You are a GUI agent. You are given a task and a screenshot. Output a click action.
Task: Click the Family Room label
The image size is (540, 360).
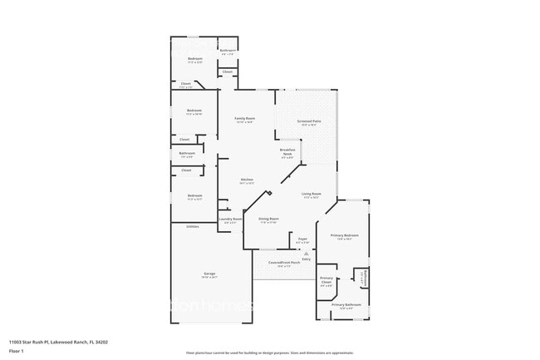click(244, 119)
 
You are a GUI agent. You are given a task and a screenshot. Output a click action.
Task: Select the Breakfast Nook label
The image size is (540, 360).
click(287, 152)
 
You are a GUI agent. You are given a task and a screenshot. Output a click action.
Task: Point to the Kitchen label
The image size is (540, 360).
click(247, 180)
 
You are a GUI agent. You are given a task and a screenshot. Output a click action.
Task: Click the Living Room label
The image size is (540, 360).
click(312, 193)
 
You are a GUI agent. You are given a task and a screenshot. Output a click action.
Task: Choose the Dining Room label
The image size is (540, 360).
click(269, 219)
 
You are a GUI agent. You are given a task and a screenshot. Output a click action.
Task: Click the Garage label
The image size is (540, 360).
click(209, 274)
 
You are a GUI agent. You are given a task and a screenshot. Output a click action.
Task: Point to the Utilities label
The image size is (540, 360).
click(192, 226)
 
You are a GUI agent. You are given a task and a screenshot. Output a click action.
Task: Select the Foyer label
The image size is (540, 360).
click(303, 239)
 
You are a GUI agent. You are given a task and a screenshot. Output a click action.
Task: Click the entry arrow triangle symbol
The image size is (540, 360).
click(307, 253)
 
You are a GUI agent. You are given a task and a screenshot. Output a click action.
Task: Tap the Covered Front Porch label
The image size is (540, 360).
click(285, 264)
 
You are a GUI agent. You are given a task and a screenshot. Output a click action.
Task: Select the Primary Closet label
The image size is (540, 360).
click(326, 280)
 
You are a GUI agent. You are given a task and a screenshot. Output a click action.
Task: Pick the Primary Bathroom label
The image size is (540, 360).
click(346, 305)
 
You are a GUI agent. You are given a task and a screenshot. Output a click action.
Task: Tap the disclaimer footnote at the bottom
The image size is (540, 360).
click(270, 353)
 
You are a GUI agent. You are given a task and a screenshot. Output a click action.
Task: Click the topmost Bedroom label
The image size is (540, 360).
click(194, 59)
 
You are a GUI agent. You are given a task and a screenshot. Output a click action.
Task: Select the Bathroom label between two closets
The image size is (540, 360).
click(187, 153)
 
